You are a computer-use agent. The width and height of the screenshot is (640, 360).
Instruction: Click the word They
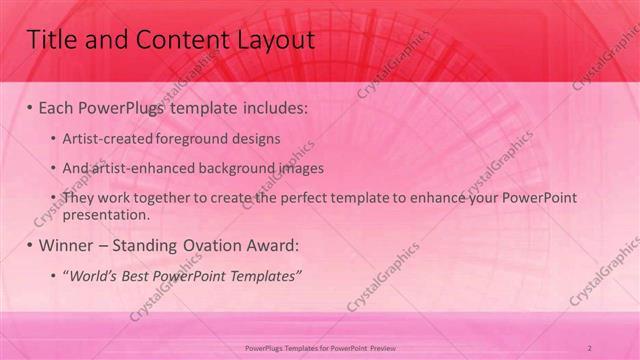[x=79, y=198]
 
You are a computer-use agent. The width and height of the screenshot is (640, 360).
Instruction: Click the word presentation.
[x=105, y=214]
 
